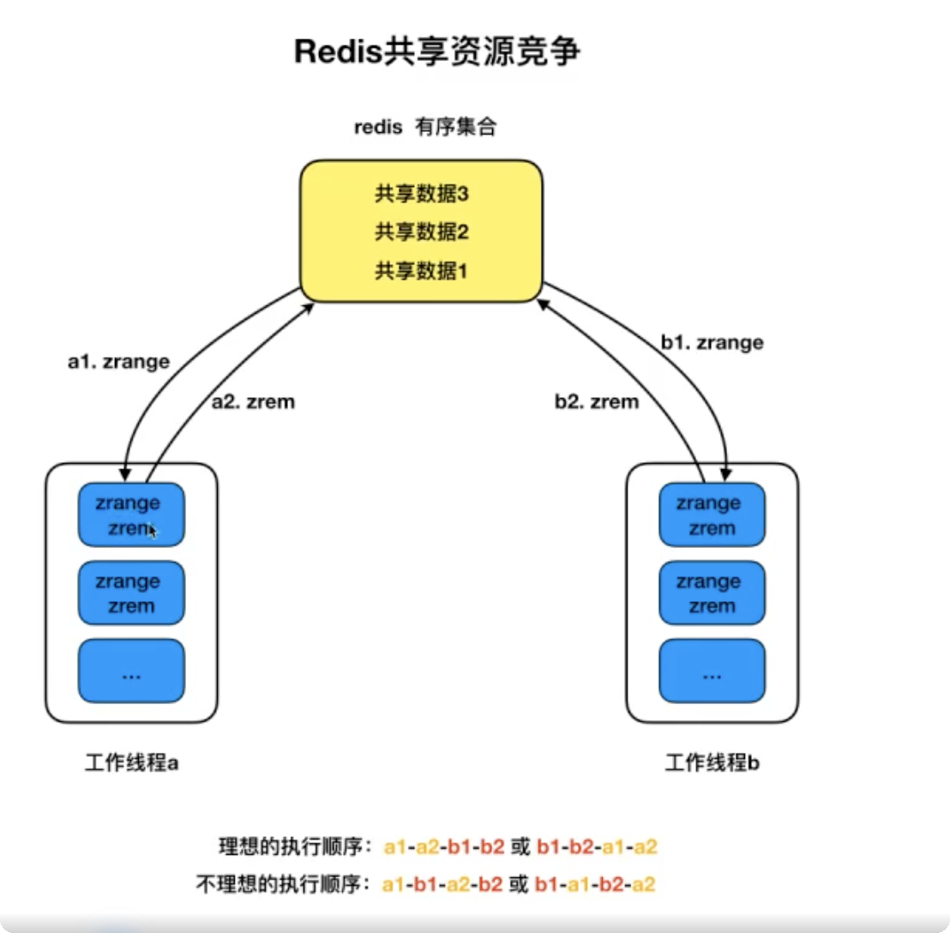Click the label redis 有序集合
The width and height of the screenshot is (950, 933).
point(426,128)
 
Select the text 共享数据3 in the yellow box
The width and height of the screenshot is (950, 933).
point(421,195)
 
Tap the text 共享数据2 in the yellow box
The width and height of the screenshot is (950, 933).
point(421,232)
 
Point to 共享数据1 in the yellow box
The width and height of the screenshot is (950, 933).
point(421,272)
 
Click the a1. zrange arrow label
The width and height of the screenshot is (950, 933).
point(118,362)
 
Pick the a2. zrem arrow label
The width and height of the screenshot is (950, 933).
point(253,401)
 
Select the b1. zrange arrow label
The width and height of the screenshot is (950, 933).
point(712,343)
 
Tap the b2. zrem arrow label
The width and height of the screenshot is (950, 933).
point(597,401)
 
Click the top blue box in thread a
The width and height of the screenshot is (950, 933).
point(131,515)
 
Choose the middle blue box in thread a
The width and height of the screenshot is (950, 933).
point(131,593)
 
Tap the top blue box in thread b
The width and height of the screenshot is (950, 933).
point(712,515)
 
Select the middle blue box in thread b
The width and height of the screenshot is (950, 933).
point(712,593)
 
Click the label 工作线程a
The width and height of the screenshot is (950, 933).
point(131,763)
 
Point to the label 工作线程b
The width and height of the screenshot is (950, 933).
point(712,763)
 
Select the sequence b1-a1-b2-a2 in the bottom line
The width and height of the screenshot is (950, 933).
point(596,884)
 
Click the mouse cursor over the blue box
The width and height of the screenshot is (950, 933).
point(152,531)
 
